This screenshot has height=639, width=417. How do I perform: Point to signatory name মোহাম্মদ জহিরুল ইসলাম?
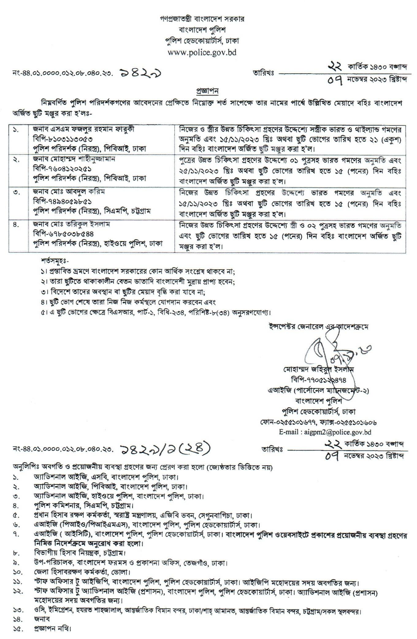[x=318, y=370]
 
